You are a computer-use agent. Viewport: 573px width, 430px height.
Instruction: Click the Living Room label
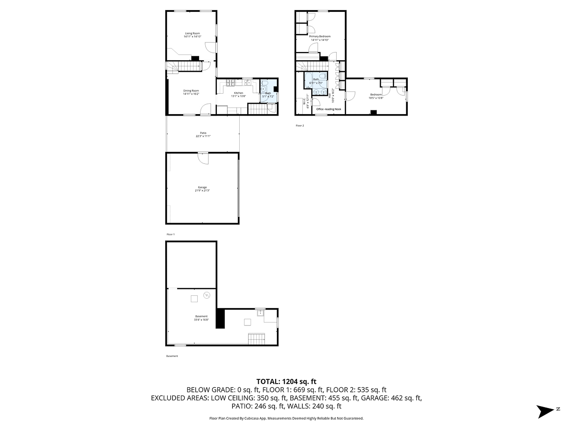coord(192,35)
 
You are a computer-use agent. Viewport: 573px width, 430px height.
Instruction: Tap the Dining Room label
coord(191,92)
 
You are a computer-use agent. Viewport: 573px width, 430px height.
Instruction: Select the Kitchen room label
coord(238,94)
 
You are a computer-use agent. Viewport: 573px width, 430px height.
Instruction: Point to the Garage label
coord(203,189)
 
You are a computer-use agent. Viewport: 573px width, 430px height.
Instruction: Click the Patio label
coord(203,135)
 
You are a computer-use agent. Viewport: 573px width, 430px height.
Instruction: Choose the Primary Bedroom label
coord(320,38)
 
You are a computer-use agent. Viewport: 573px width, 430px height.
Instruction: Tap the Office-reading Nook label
coord(329,109)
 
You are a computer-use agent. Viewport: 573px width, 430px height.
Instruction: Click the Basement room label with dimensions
coord(201,318)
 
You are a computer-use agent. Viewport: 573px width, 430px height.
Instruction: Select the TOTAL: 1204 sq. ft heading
coord(286,381)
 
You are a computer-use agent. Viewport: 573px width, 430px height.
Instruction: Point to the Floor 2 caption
coord(299,126)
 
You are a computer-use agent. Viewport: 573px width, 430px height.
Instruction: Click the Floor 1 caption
coord(170,235)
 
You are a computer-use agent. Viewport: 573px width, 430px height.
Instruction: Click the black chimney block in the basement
coord(220,318)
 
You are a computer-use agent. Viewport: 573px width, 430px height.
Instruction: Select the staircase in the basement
coord(256,339)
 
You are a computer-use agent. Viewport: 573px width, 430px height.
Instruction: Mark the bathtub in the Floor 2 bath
coord(316,79)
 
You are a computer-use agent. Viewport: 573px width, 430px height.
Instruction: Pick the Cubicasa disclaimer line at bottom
coord(286,418)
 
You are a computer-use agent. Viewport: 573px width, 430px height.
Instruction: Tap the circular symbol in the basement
coord(207,295)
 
